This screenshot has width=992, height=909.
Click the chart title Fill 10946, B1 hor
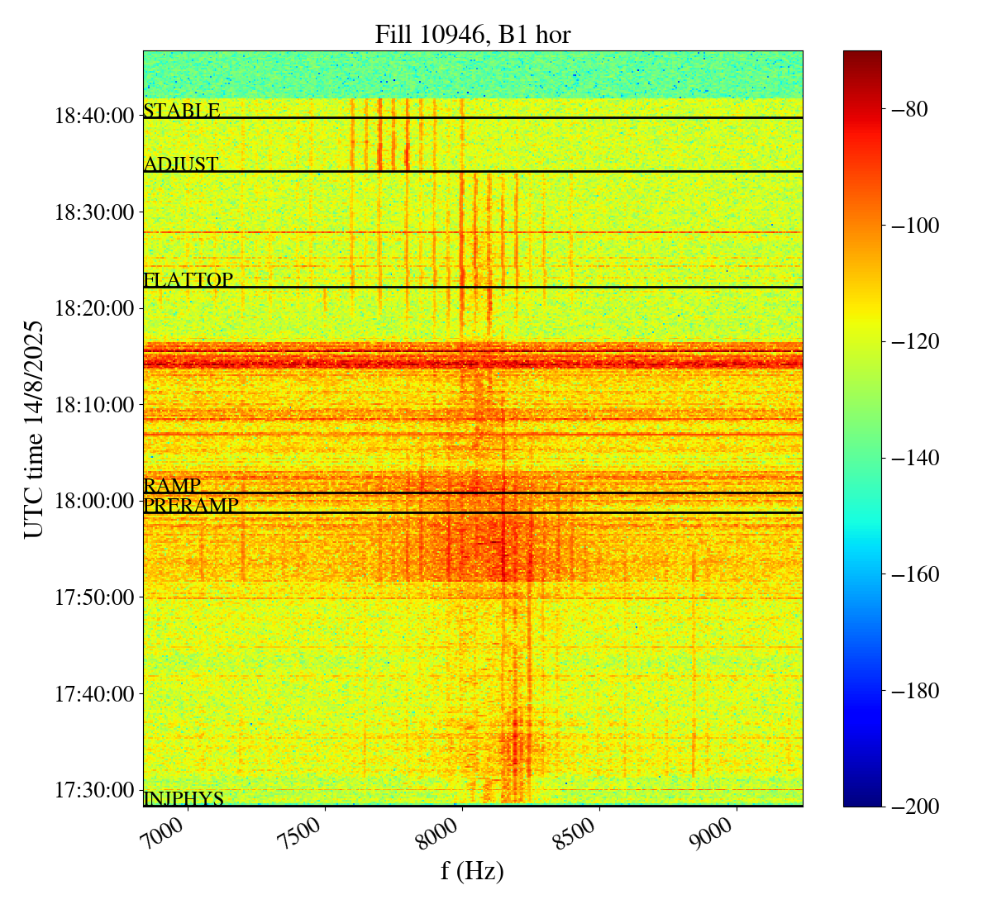pos(472,34)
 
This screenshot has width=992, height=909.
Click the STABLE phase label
pos(182,111)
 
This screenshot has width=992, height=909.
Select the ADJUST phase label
pos(181,164)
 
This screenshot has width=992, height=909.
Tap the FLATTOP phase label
pos(188,280)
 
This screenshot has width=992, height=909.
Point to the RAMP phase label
pos(172,485)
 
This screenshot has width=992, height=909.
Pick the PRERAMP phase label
pos(191,505)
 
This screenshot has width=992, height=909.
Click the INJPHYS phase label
pos(184,799)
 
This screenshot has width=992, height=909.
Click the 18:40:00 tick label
pos(94,116)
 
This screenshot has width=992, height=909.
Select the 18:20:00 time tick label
pos(94,308)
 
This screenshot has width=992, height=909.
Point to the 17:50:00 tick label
pos(94,597)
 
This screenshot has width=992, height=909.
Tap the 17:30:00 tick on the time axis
pos(94,790)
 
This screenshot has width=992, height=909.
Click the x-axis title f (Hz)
pos(472,871)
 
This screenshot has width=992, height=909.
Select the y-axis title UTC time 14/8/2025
pos(33,429)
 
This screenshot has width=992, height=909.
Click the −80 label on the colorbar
pos(909,109)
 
